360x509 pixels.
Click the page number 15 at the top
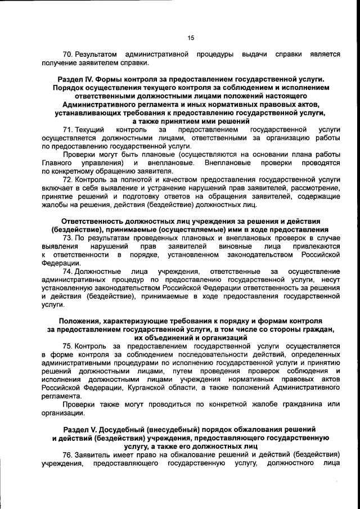(x=191, y=38)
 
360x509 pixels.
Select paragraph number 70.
(x=68, y=54)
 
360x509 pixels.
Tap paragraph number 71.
(x=68, y=130)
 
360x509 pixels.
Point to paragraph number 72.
(x=68, y=180)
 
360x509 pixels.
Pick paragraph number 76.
(x=68, y=454)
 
